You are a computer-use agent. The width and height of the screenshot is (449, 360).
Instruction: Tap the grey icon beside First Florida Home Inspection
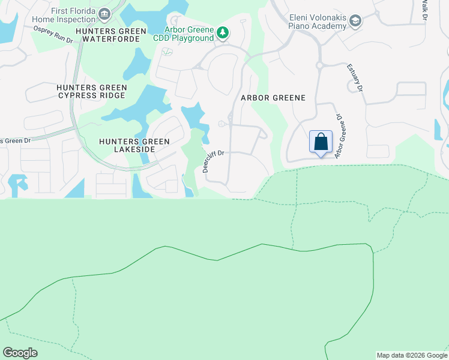(104, 14)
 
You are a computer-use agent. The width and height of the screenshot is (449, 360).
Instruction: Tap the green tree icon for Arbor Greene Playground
(223, 32)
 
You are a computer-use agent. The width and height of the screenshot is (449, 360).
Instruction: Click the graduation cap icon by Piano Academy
(355, 22)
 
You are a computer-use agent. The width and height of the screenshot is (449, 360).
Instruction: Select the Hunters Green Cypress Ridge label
(91, 91)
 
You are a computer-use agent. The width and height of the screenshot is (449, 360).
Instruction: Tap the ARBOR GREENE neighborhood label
(273, 98)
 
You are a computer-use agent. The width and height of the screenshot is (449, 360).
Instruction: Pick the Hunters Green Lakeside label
(134, 145)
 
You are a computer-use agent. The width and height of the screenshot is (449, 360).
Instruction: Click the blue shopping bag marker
(321, 142)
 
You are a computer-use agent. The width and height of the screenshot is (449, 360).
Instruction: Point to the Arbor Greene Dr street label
(341, 137)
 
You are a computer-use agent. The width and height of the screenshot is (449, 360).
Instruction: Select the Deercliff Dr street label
(213, 161)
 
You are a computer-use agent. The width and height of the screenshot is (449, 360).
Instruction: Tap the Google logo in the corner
(20, 353)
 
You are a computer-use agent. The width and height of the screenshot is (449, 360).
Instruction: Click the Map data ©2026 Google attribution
(412, 355)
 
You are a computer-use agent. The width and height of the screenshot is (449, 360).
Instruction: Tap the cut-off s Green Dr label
(15, 141)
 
